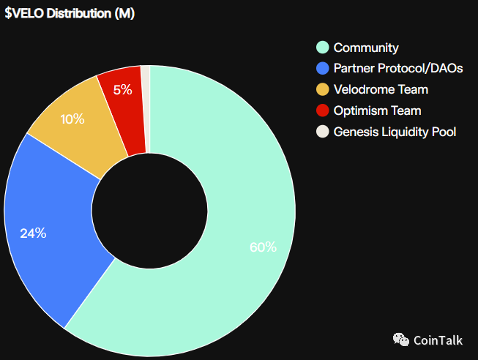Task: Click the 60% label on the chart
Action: (x=263, y=247)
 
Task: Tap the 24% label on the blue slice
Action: (x=33, y=233)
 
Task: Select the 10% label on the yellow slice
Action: (x=72, y=119)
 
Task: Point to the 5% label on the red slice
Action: (x=122, y=90)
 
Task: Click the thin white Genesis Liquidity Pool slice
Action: (x=146, y=102)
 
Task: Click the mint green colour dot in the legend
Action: (x=321, y=48)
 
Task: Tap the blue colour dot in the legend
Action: (x=321, y=69)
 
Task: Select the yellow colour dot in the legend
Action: (x=321, y=90)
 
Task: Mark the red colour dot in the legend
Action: (x=321, y=111)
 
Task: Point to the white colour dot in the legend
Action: (x=321, y=132)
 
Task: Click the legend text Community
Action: (x=366, y=48)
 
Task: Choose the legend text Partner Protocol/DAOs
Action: (x=397, y=69)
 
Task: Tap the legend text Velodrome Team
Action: (x=381, y=90)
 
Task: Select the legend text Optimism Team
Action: (x=377, y=111)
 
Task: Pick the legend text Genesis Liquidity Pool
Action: (x=395, y=132)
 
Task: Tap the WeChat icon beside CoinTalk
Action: (x=401, y=340)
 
